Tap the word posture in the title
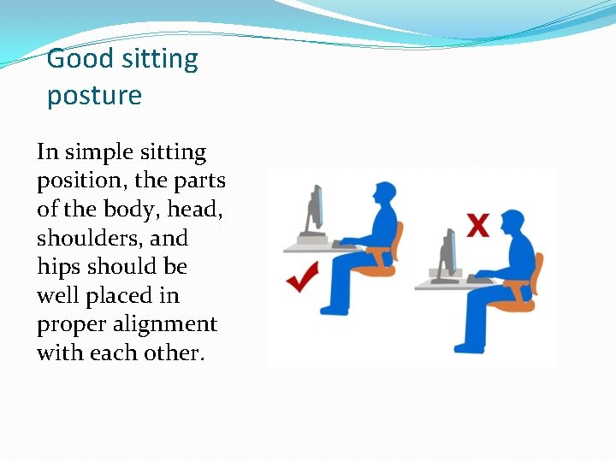tap(94, 96)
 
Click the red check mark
tap(303, 276)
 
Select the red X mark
tap(477, 226)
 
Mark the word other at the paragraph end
tap(170, 353)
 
